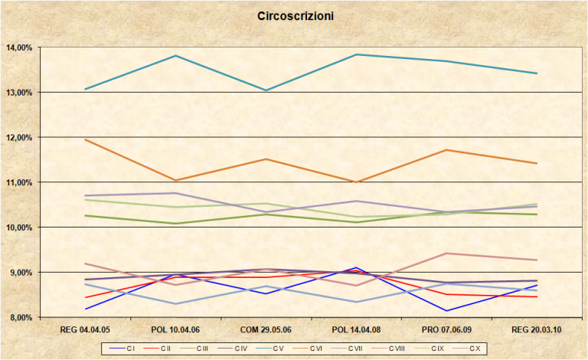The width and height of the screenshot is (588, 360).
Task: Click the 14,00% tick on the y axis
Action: click(18, 47)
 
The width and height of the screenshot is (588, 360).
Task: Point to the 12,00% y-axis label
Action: click(18, 138)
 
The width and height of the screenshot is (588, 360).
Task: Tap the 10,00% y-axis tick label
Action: click(18, 227)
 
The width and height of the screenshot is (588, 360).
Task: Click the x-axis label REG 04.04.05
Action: click(85, 329)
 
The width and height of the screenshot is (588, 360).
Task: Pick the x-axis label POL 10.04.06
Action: click(175, 329)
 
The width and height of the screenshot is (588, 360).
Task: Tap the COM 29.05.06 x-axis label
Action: click(266, 329)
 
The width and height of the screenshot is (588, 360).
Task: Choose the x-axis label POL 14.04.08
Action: click(356, 329)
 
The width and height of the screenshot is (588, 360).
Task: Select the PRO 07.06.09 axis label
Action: click(446, 329)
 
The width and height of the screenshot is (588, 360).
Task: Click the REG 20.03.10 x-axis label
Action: click(537, 329)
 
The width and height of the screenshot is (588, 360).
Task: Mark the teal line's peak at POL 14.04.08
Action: click(356, 54)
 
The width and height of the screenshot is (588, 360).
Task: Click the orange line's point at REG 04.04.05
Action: click(85, 139)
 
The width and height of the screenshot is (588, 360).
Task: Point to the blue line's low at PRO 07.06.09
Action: click(446, 310)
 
